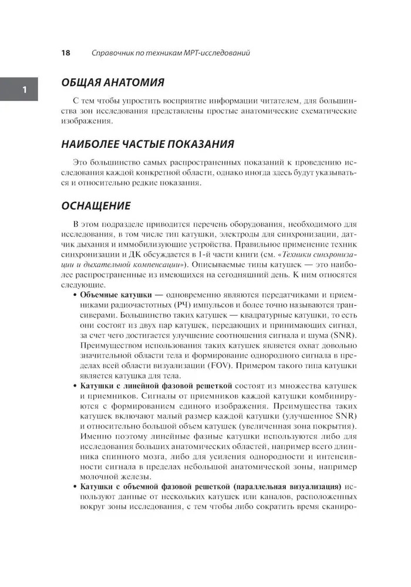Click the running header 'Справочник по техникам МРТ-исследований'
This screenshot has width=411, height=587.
click(172, 53)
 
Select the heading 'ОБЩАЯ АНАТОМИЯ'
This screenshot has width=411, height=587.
click(113, 82)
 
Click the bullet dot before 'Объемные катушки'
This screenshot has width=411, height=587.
click(73, 293)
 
